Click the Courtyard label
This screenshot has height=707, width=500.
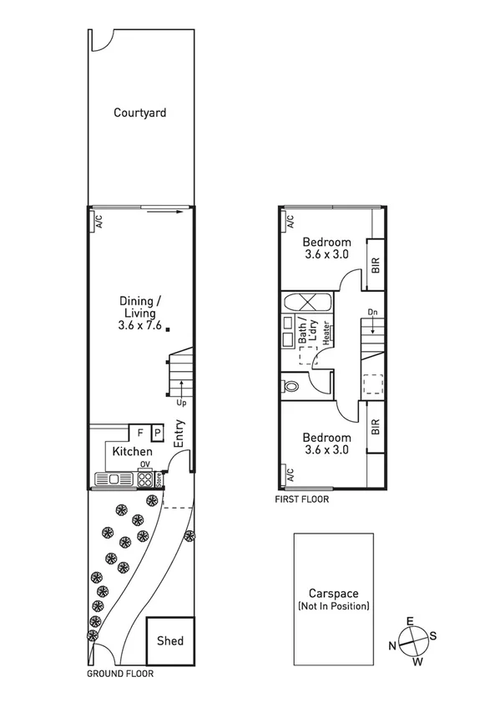pyautogui.click(x=139, y=112)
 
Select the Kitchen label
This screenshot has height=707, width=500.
pyautogui.click(x=133, y=451)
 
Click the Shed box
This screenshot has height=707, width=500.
pyautogui.click(x=170, y=641)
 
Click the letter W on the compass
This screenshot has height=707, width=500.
pyautogui.click(x=418, y=662)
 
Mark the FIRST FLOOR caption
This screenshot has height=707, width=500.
pyautogui.click(x=301, y=500)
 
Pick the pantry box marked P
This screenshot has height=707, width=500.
pyautogui.click(x=156, y=434)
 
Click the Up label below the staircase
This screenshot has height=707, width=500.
pyautogui.click(x=181, y=403)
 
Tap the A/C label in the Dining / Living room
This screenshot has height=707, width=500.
pyautogui.click(x=98, y=222)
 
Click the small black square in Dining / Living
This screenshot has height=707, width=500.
pyautogui.click(x=168, y=329)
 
